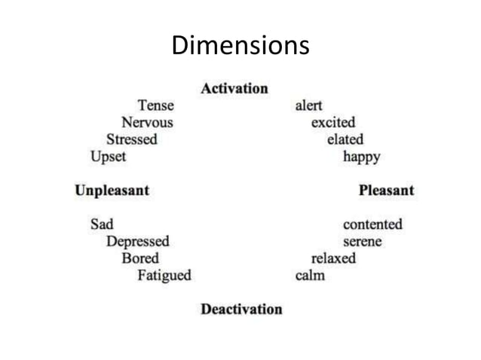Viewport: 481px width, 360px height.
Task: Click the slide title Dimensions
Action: coord(240,46)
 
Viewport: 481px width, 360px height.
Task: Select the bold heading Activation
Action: coord(234,88)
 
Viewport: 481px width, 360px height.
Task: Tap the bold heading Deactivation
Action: coord(241,309)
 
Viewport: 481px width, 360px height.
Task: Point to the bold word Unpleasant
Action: coord(112,190)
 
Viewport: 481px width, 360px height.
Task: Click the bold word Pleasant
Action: coord(386,190)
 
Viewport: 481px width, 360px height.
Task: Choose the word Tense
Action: coord(155,105)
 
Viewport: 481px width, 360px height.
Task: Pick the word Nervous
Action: coord(147,122)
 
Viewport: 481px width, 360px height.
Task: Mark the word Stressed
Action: coord(132,139)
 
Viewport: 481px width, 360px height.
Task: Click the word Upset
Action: coord(109,157)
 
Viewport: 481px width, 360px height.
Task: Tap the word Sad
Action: coord(102,224)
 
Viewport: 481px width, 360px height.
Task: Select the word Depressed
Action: coord(137,241)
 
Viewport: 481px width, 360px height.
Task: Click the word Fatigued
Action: coord(164,276)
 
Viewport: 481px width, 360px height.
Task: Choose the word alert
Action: coord(308,105)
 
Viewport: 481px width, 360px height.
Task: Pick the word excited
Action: coord(333,122)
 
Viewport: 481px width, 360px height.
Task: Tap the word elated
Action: coord(345,139)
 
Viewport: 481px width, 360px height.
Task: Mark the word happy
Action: coord(361,157)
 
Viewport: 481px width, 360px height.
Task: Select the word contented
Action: coord(372,224)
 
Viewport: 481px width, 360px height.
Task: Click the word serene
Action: coord(362,241)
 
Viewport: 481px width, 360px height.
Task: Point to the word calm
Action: coord(310,276)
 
